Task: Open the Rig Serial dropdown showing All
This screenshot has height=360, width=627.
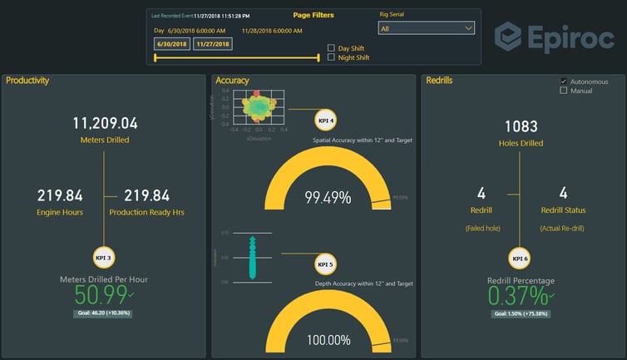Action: (426, 28)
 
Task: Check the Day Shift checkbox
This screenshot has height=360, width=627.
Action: (331, 48)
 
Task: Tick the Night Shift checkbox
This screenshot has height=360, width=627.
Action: (331, 57)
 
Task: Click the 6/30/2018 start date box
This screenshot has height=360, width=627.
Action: (171, 44)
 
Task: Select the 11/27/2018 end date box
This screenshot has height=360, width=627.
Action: (212, 44)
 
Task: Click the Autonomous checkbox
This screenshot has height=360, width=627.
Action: (564, 81)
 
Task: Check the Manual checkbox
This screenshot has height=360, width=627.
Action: (564, 91)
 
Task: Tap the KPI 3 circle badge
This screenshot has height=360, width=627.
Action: (103, 259)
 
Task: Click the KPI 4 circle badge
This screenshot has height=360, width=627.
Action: (326, 121)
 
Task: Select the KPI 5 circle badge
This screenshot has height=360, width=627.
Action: (326, 264)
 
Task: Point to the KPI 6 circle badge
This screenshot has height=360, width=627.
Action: (520, 259)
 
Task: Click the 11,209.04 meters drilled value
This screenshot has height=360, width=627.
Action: (105, 123)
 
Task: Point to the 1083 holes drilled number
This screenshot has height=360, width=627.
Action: (521, 126)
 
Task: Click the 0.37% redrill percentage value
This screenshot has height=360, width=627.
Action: (517, 296)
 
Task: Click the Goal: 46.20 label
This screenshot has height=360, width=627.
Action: (103, 313)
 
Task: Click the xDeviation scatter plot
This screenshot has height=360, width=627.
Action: (259, 106)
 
